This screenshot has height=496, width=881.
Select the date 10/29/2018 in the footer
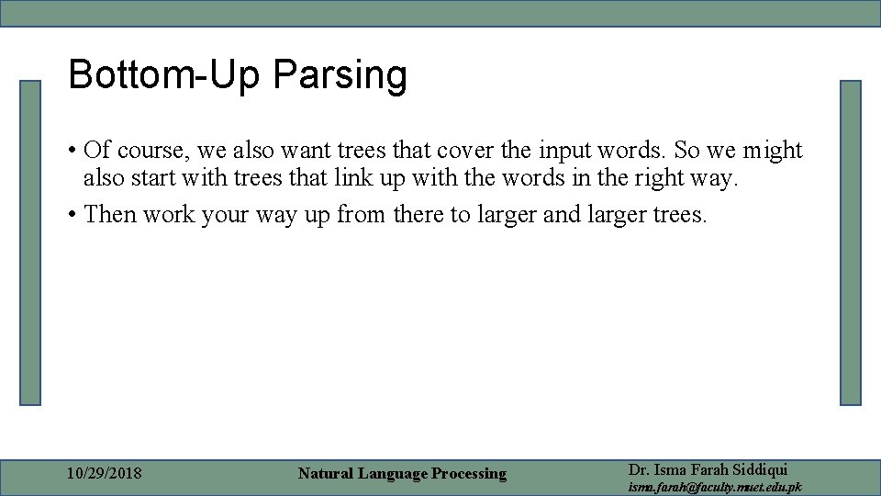point(105,473)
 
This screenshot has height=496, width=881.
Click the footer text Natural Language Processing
point(402,473)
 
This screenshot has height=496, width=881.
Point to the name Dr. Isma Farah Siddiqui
point(708,468)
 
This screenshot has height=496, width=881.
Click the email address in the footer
point(714,487)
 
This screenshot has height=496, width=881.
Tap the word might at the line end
point(773,151)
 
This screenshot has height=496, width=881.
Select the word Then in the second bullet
point(109,214)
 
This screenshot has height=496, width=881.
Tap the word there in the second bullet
point(420,214)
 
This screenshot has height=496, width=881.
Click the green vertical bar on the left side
point(31,242)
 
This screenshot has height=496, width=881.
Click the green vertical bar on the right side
point(851,242)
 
